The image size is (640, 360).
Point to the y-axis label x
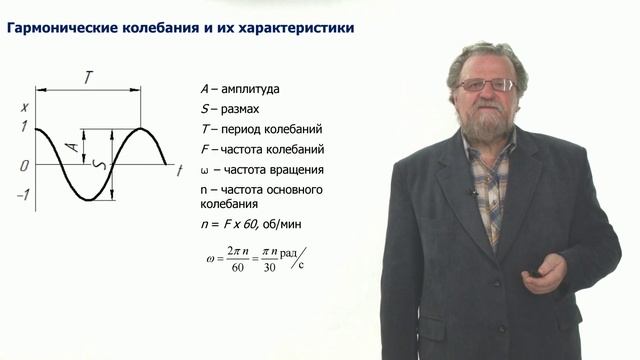[x=23, y=106]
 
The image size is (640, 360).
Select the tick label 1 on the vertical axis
[x=22, y=128]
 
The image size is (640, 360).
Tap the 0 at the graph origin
[x=22, y=164]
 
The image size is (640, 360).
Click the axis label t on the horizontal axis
[x=178, y=172]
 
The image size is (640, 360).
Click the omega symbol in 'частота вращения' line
[x=205, y=170]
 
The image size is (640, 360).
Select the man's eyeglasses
[x=485, y=85]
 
